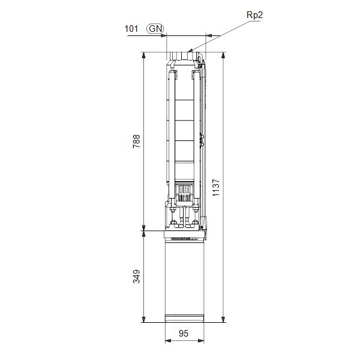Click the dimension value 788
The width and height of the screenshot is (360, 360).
[x=137, y=141]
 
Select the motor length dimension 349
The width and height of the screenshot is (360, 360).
[x=137, y=277]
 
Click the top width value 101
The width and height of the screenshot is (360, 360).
[x=131, y=28]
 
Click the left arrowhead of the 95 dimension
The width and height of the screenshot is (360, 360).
[x=167, y=342]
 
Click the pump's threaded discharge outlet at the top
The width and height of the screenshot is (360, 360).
[x=185, y=57]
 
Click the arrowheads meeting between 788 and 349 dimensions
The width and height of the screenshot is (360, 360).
[x=143, y=230]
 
